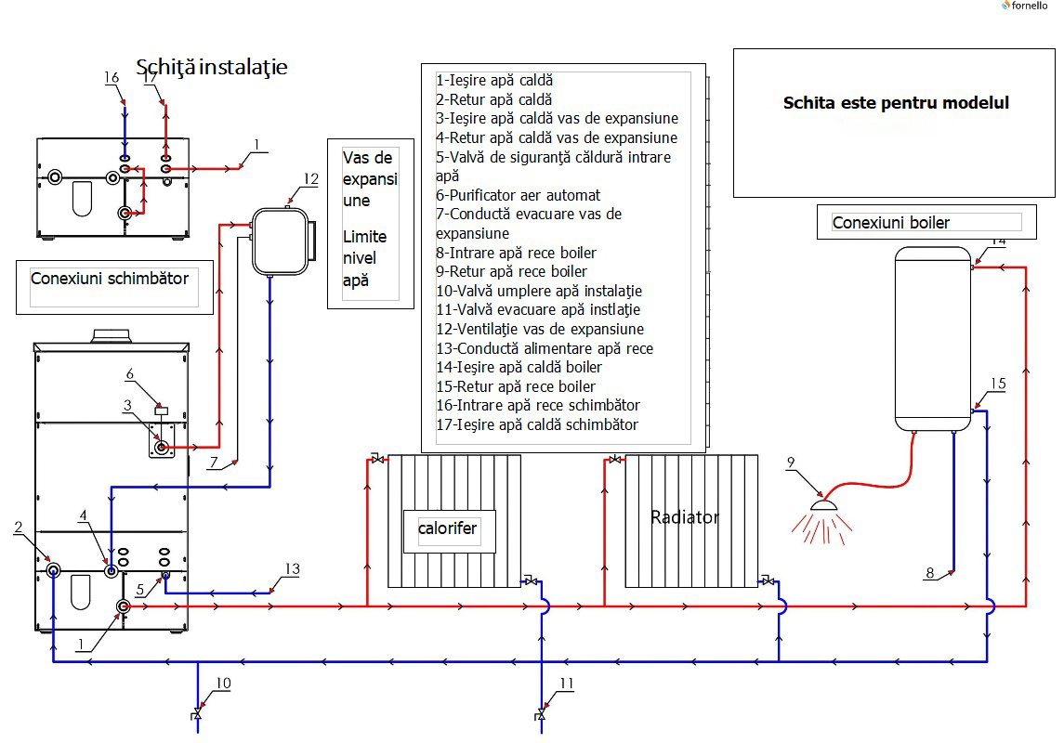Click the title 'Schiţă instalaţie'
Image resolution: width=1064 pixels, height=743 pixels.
212,67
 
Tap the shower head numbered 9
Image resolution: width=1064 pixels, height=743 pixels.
821,503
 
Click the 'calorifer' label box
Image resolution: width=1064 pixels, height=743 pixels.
448,528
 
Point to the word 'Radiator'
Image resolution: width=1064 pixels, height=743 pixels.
685,517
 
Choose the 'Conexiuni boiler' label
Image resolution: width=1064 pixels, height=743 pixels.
891,222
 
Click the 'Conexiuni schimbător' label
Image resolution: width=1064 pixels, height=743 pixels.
110,279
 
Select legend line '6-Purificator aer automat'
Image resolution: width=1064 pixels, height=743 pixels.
519,195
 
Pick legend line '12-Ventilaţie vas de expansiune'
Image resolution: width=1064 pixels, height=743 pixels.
540,329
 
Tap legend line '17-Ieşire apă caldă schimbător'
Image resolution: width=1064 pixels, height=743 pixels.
537,424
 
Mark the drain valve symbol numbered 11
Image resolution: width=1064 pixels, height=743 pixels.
541,715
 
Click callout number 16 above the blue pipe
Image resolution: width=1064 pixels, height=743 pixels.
112,78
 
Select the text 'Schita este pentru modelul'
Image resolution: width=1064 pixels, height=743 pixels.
896,103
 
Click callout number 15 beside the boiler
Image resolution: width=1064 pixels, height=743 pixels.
997,382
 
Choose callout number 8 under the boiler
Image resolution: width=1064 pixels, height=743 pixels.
930,573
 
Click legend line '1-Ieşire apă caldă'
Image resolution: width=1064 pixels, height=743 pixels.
494,81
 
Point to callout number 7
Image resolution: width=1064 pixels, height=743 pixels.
215,461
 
